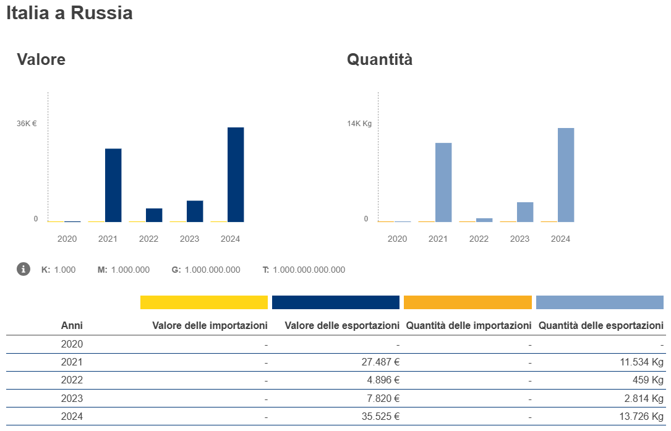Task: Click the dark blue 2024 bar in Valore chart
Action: point(236,174)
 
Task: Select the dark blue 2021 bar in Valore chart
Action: point(113,185)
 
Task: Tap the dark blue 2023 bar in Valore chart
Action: point(195,211)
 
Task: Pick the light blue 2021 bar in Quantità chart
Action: point(443,182)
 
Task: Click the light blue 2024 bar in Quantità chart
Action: point(566,175)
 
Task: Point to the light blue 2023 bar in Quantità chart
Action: point(525,212)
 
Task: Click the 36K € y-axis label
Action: point(27,124)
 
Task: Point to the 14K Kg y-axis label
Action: point(359,124)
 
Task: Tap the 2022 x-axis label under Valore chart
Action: point(148,239)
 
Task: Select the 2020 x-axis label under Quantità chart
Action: point(397,239)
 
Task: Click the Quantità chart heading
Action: point(380,59)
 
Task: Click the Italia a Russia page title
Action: point(69,13)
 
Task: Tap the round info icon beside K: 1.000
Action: point(24,269)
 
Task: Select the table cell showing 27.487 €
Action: point(380,362)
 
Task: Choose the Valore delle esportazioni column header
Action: point(342,325)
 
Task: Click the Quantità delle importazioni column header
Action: point(469,325)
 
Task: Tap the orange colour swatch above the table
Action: point(468,302)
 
